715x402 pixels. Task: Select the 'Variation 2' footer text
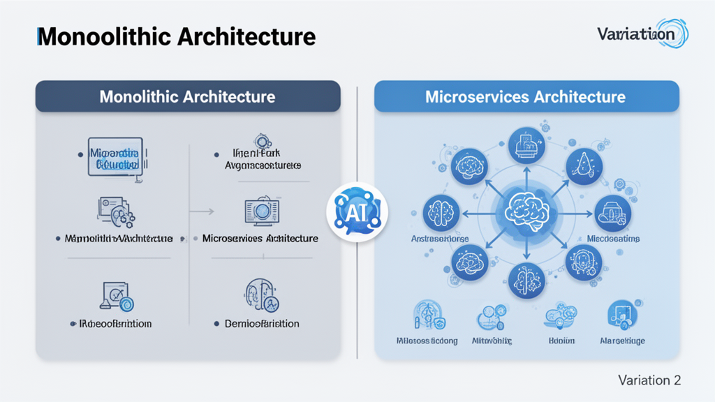pyautogui.click(x=649, y=380)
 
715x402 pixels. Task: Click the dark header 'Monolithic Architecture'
pyautogui.click(x=188, y=96)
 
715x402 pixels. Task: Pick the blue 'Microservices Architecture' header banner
pyautogui.click(x=526, y=96)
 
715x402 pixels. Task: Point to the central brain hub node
pyautogui.click(x=526, y=209)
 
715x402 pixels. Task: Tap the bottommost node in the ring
pyautogui.click(x=526, y=281)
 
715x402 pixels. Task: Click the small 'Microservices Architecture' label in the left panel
pyautogui.click(x=260, y=239)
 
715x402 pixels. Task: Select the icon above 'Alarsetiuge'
pyautogui.click(x=621, y=315)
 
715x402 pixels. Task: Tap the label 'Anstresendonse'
pyautogui.click(x=438, y=239)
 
